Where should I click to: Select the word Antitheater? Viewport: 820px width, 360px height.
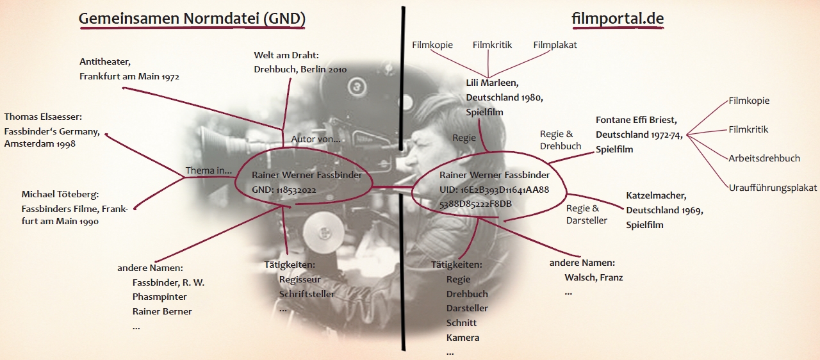[105, 61]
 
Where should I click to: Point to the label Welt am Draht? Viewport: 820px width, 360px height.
[286, 55]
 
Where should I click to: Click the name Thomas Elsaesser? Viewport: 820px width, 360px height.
[44, 117]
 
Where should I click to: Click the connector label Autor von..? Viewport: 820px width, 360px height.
[316, 138]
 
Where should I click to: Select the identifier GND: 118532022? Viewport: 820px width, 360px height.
[284, 190]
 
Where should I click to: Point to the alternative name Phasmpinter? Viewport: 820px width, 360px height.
[160, 297]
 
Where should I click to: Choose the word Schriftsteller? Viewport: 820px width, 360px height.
[307, 294]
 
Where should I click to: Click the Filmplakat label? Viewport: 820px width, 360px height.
[555, 45]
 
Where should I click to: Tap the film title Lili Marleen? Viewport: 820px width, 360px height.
[492, 83]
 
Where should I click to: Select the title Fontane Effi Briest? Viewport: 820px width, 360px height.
[636, 120]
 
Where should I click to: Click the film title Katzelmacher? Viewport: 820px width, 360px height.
[656, 195]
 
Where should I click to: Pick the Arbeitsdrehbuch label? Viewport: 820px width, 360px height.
[764, 158]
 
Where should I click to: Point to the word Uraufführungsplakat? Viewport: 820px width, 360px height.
[773, 188]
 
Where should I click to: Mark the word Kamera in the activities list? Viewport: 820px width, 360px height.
[463, 338]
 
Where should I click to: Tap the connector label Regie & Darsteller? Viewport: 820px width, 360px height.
[582, 214]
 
